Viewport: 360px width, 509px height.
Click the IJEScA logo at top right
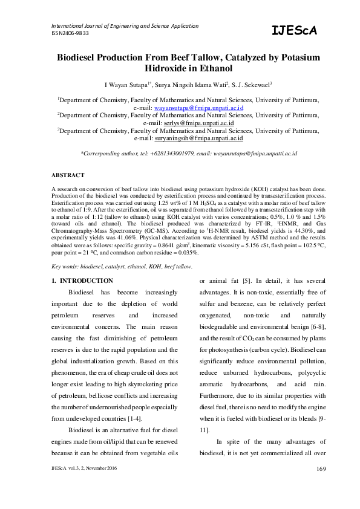[x=294, y=31]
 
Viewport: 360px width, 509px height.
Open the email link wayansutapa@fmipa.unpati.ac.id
[x=194, y=106]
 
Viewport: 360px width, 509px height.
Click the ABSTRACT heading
[x=67, y=175]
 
